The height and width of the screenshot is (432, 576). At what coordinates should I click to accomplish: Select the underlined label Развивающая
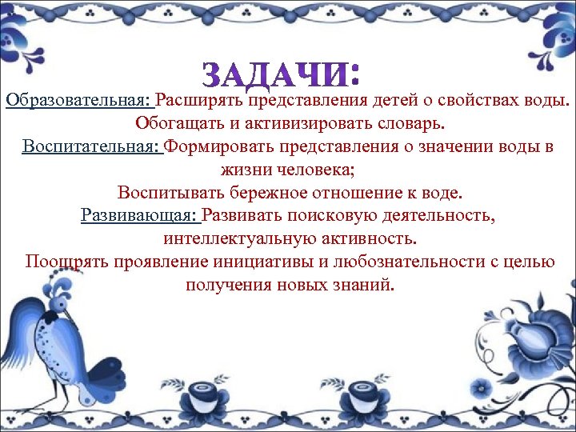(138, 216)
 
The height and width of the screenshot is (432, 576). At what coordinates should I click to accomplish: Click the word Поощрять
(61, 262)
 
